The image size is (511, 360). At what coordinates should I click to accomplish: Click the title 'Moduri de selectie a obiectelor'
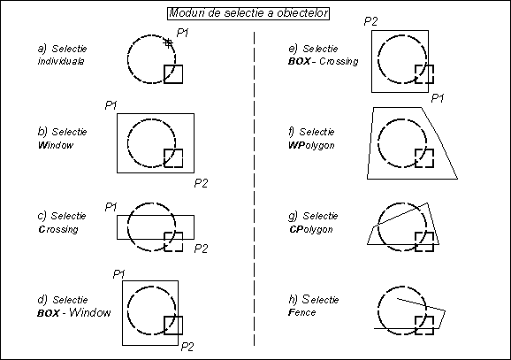248,13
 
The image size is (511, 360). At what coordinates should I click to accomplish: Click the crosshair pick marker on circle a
168,42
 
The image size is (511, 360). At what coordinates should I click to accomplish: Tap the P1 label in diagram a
182,33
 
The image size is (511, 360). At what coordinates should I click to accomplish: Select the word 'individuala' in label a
61,61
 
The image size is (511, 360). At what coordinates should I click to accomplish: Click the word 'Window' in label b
56,145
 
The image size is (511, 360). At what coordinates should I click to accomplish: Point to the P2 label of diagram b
201,183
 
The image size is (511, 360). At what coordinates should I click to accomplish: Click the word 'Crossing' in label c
58,229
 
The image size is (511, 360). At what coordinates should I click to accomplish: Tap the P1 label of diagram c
111,207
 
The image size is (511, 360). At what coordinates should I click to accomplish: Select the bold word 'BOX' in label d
49,313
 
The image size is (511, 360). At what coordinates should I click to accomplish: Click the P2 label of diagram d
187,347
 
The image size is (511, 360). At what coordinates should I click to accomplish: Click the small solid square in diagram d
173,326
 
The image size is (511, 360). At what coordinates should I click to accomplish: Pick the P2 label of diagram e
370,21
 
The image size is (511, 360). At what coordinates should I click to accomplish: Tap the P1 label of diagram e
438,98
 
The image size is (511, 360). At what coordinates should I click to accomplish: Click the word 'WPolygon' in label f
311,145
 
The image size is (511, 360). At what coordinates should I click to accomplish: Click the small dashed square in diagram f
424,158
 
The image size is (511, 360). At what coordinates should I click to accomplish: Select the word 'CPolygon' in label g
310,230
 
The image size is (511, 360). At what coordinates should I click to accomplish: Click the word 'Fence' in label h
301,312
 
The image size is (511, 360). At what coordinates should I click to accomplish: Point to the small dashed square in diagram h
424,326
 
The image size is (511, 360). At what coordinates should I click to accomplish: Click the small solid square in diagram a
173,74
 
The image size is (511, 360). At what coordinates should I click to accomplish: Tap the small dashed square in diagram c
173,241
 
